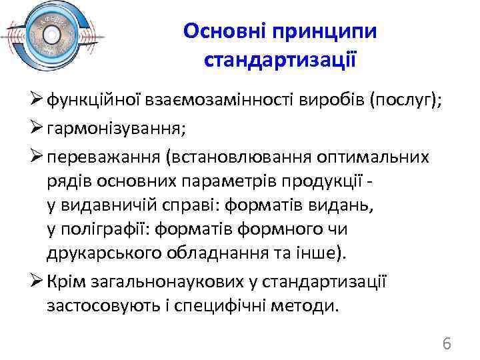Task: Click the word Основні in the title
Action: coord(223,31)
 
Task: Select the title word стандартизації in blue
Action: coord(279,61)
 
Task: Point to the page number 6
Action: coord(447,343)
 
